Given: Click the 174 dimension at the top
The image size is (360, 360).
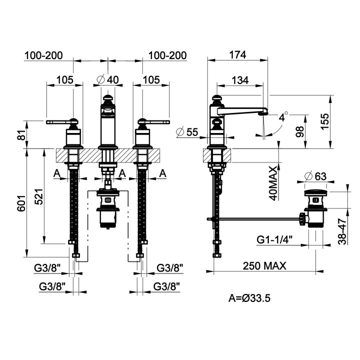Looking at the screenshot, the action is click(x=237, y=55).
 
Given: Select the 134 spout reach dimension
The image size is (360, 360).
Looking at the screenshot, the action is click(x=240, y=80).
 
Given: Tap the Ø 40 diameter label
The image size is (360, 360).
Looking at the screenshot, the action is click(x=107, y=79).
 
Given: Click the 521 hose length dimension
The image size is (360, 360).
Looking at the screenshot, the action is click(x=38, y=197).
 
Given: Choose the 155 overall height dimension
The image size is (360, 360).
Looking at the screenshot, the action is click(x=324, y=121).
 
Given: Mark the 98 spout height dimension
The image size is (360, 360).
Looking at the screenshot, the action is click(x=299, y=131).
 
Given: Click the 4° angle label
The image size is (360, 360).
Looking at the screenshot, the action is click(x=283, y=116).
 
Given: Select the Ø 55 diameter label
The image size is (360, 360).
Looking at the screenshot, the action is click(x=187, y=132).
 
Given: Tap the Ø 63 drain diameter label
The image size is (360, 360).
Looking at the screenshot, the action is click(x=315, y=176).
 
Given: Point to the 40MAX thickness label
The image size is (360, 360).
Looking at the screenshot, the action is click(x=273, y=183).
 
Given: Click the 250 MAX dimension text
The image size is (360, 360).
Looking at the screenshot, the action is click(x=264, y=265).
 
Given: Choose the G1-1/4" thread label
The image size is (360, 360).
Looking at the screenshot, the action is click(x=274, y=239).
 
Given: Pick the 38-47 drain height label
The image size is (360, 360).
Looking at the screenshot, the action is click(x=342, y=231).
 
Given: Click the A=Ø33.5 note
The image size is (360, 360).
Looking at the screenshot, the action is click(x=249, y=298).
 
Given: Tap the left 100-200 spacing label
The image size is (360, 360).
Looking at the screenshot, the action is click(x=43, y=55).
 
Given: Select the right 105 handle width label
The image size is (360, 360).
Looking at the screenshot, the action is click(x=151, y=80).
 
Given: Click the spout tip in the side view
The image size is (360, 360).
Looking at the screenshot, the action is click(x=264, y=112).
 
